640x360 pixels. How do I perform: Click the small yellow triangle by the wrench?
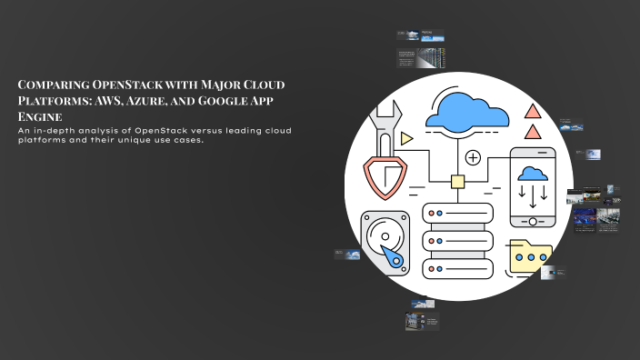pos(405,137)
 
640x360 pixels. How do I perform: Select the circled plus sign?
pos(473,158)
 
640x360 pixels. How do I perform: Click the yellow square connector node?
pos(458,182)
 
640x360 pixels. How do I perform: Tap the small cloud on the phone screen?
pos(532,174)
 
